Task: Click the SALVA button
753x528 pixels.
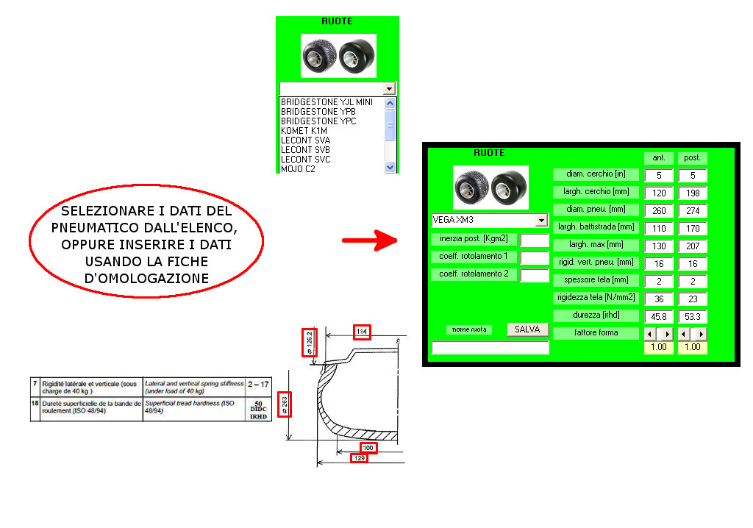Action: point(527,329)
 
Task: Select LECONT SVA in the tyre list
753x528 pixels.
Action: point(305,140)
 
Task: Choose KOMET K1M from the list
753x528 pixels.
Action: point(304,130)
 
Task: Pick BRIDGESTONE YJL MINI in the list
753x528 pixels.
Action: point(326,101)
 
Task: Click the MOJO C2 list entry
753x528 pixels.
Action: point(298,168)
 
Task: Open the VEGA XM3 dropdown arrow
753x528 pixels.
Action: point(541,220)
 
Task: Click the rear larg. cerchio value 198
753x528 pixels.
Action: point(692,193)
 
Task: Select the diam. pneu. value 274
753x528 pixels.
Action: point(692,210)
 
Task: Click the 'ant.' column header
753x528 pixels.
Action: point(659,157)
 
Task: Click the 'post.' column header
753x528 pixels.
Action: point(692,157)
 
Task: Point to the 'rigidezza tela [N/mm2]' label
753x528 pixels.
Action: point(596,298)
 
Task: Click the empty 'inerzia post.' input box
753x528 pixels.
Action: point(535,240)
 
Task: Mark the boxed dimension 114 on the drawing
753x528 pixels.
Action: point(362,332)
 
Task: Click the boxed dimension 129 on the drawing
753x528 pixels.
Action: point(360,458)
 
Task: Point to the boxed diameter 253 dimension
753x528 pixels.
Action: point(285,405)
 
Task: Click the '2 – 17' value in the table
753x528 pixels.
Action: point(258,384)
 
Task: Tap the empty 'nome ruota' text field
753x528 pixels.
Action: point(490,348)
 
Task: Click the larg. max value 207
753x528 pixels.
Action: point(692,246)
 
